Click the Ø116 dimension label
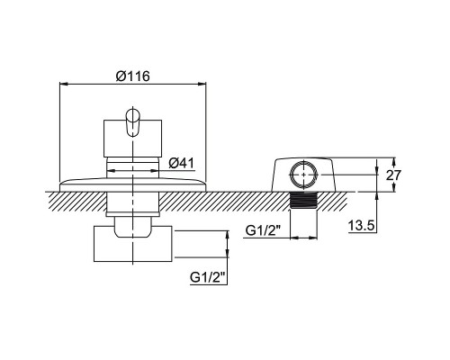133,76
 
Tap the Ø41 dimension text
181,163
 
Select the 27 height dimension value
393,175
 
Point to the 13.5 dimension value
362,225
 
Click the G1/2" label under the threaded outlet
263,230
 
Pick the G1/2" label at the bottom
208,277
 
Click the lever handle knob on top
132,122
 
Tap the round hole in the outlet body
303,175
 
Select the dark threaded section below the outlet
303,200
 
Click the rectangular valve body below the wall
133,244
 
